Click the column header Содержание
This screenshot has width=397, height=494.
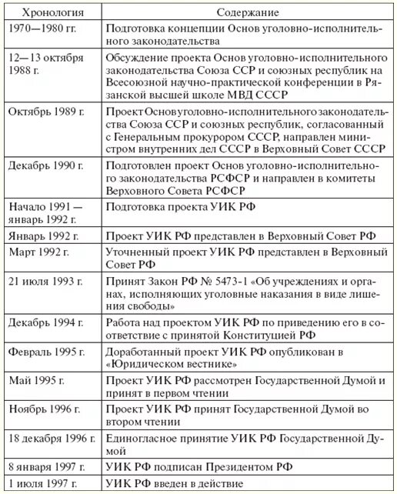click(248, 14)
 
